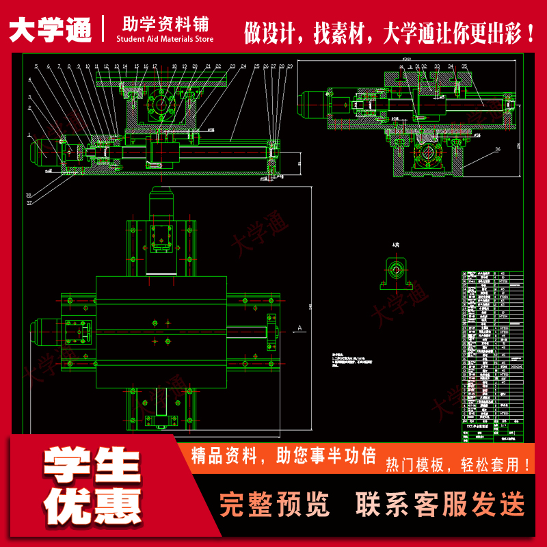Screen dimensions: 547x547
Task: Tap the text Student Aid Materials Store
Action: tap(165, 39)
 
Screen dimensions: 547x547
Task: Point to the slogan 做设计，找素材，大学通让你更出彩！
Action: tap(389, 31)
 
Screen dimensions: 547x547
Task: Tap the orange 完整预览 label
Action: tap(274, 505)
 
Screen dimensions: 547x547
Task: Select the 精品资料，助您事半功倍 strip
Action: tap(284, 455)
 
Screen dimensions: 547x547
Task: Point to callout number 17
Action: tap(155, 66)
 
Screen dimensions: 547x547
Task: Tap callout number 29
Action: tap(290, 66)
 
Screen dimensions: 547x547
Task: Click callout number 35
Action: tap(464, 66)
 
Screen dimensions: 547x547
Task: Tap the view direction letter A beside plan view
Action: tap(299, 328)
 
